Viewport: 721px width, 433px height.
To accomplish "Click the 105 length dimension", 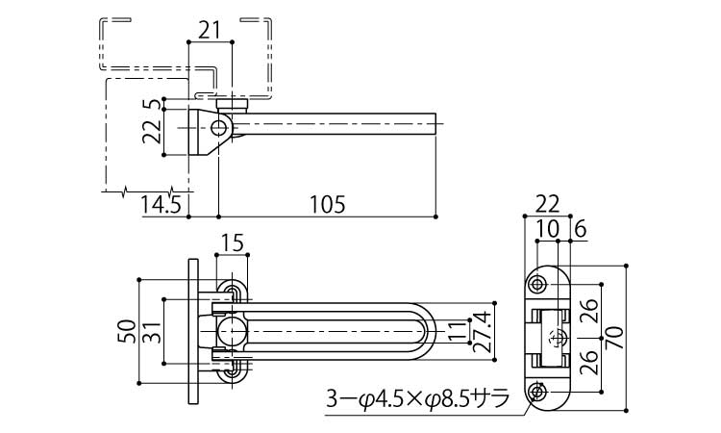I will pyautogui.click(x=329, y=204).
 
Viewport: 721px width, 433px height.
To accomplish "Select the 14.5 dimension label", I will pyautogui.click(x=160, y=204).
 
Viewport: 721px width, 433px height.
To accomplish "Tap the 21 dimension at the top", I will pyautogui.click(x=209, y=30).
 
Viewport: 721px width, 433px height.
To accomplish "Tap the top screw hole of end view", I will pyautogui.click(x=538, y=284).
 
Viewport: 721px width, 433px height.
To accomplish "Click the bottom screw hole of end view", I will pyautogui.click(x=538, y=391).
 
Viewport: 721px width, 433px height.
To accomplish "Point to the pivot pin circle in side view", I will pyautogui.click(x=220, y=127).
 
